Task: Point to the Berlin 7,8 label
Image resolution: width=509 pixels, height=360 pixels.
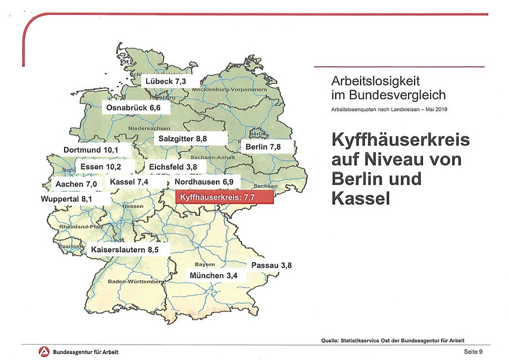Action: (x=263, y=146)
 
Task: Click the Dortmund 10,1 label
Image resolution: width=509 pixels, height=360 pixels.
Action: (x=91, y=150)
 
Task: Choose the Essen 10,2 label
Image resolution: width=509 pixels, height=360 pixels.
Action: (x=101, y=167)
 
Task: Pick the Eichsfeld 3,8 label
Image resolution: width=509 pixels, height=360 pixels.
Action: (x=173, y=167)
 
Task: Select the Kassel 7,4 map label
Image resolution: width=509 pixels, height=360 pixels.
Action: (x=129, y=181)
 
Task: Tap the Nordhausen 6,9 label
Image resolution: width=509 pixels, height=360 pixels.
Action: (x=205, y=181)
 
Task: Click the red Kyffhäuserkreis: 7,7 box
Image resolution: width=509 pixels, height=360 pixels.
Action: (x=224, y=197)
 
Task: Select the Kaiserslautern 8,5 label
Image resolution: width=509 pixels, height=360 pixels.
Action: (x=125, y=250)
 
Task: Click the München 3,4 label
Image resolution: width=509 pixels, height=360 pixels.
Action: (x=215, y=276)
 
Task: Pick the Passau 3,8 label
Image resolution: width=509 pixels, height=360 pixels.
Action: (x=272, y=265)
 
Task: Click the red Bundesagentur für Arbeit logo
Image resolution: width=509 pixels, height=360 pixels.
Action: (x=43, y=352)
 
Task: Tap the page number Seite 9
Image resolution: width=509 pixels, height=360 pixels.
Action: (x=473, y=352)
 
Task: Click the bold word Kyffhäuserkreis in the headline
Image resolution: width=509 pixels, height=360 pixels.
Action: (x=400, y=142)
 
